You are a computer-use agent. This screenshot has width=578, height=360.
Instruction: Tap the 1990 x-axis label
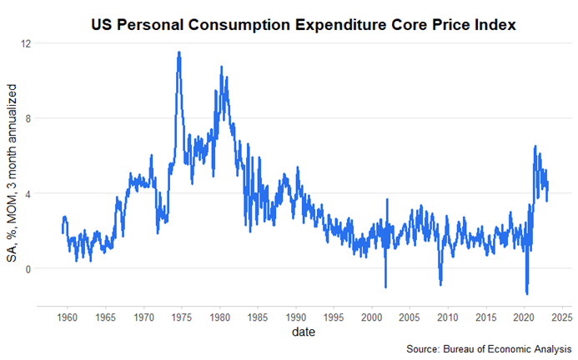[x=295, y=317]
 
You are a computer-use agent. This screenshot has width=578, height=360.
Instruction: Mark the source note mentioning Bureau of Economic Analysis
[x=490, y=347]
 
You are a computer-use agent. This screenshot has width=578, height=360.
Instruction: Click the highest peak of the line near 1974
[x=179, y=52]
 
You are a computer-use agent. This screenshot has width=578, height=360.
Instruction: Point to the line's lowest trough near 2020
[x=526, y=293]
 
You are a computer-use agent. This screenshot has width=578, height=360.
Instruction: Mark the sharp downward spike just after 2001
[x=385, y=287]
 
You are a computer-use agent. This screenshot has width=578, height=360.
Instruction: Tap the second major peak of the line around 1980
[x=221, y=67]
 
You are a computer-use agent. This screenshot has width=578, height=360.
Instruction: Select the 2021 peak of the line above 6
[x=535, y=147]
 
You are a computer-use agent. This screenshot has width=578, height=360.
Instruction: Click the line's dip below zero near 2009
[x=440, y=284]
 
